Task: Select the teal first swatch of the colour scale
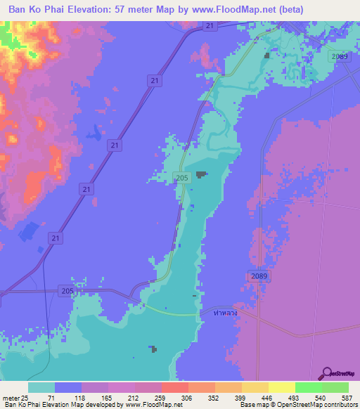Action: click(x=41, y=387)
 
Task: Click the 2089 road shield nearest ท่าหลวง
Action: click(x=258, y=276)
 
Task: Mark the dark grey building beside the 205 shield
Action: click(x=202, y=175)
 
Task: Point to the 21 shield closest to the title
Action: click(x=210, y=26)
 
